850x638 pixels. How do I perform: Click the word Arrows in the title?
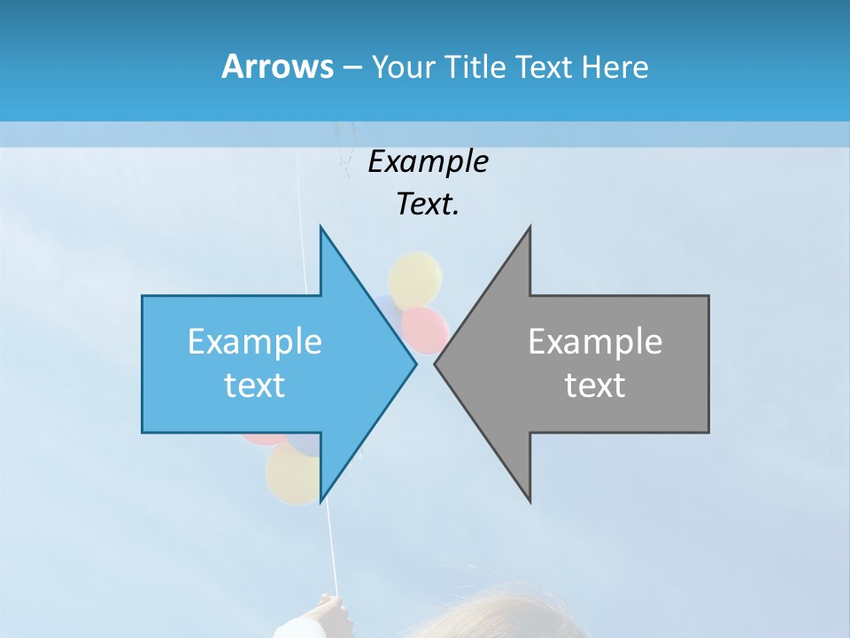click(x=277, y=66)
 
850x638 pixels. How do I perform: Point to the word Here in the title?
click(x=614, y=67)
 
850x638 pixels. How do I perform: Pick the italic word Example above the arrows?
click(x=428, y=162)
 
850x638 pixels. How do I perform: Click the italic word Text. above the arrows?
click(x=428, y=205)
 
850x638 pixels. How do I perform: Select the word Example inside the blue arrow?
click(x=255, y=342)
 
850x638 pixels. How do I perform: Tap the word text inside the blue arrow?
click(x=255, y=385)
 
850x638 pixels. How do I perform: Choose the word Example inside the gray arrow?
click(x=595, y=342)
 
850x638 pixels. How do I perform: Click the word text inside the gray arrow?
click(x=595, y=385)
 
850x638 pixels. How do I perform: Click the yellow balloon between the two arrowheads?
click(x=415, y=278)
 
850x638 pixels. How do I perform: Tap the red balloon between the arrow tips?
click(x=425, y=328)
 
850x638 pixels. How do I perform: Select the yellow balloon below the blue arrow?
click(x=292, y=474)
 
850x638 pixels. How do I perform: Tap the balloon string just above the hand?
click(x=333, y=567)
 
